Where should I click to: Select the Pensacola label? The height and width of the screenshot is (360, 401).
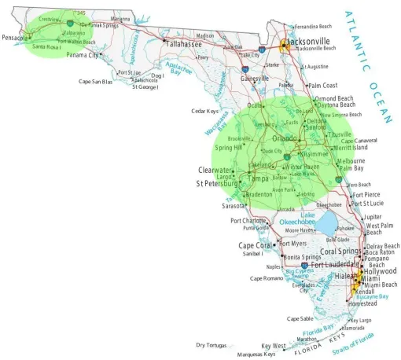click(15, 37)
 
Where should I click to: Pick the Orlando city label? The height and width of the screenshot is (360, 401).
click(285, 139)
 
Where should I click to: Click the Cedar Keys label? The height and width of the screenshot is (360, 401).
click(204, 111)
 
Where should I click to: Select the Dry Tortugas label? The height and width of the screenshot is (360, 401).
click(211, 345)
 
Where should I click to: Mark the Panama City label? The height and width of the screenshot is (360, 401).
click(83, 55)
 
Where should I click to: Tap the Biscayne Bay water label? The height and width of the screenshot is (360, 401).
click(372, 297)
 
